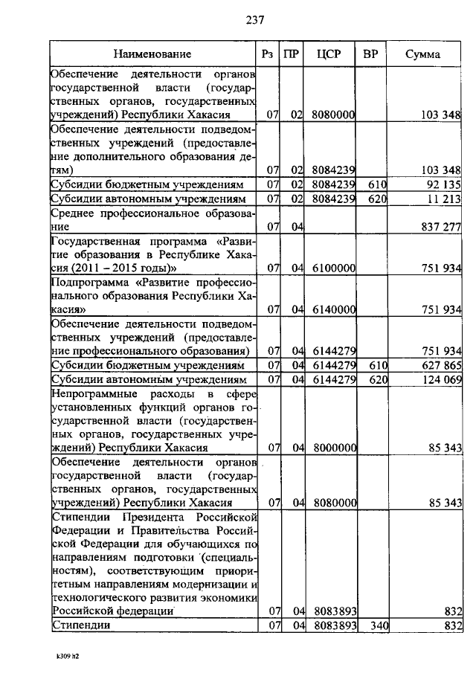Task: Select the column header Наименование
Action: (152, 54)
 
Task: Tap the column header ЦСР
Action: (328, 54)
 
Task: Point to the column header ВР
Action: (370, 54)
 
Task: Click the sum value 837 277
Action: (441, 226)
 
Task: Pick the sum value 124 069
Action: (441, 380)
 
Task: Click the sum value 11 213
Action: (445, 199)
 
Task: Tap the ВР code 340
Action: (379, 626)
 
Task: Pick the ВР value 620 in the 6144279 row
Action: (379, 380)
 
